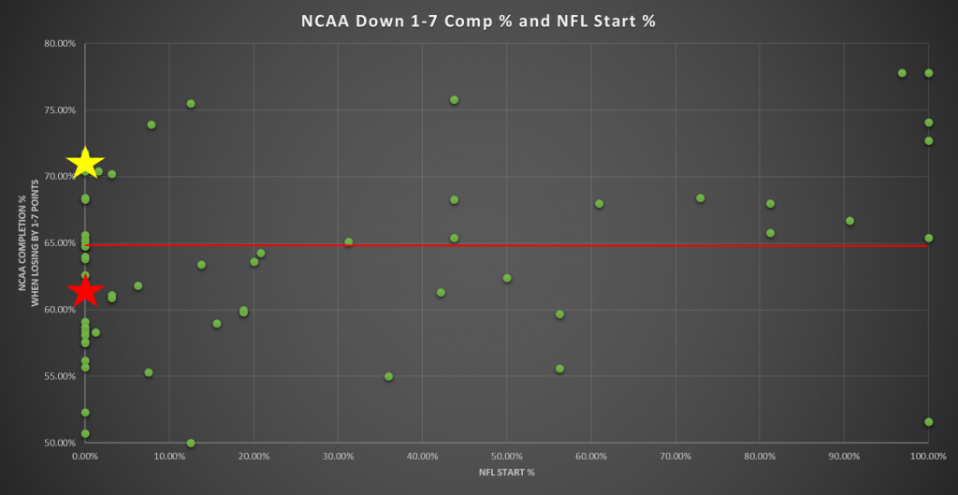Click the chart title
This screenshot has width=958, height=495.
tap(478, 21)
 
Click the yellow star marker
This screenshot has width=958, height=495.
tap(86, 161)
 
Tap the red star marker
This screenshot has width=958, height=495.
tap(85, 291)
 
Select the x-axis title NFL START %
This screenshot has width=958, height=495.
tap(506, 473)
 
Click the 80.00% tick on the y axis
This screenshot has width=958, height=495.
tap(59, 44)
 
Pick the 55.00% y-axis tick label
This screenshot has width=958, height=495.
tap(59, 376)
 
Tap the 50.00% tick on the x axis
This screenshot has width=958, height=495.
tap(506, 456)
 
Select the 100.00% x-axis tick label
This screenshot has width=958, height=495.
tap(927, 456)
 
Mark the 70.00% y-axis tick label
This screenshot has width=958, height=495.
tap(59, 177)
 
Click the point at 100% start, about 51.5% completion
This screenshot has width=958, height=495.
tap(928, 422)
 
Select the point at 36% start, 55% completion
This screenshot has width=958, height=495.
tap(388, 376)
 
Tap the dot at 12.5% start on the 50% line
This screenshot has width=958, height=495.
tap(191, 443)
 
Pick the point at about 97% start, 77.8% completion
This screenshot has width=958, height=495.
tap(902, 73)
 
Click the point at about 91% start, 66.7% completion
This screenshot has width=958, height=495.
tap(849, 221)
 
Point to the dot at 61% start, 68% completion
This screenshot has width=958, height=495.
tap(599, 204)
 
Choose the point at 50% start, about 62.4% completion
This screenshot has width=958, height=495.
tap(507, 278)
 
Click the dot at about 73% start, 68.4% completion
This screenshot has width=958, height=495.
tap(700, 198)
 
